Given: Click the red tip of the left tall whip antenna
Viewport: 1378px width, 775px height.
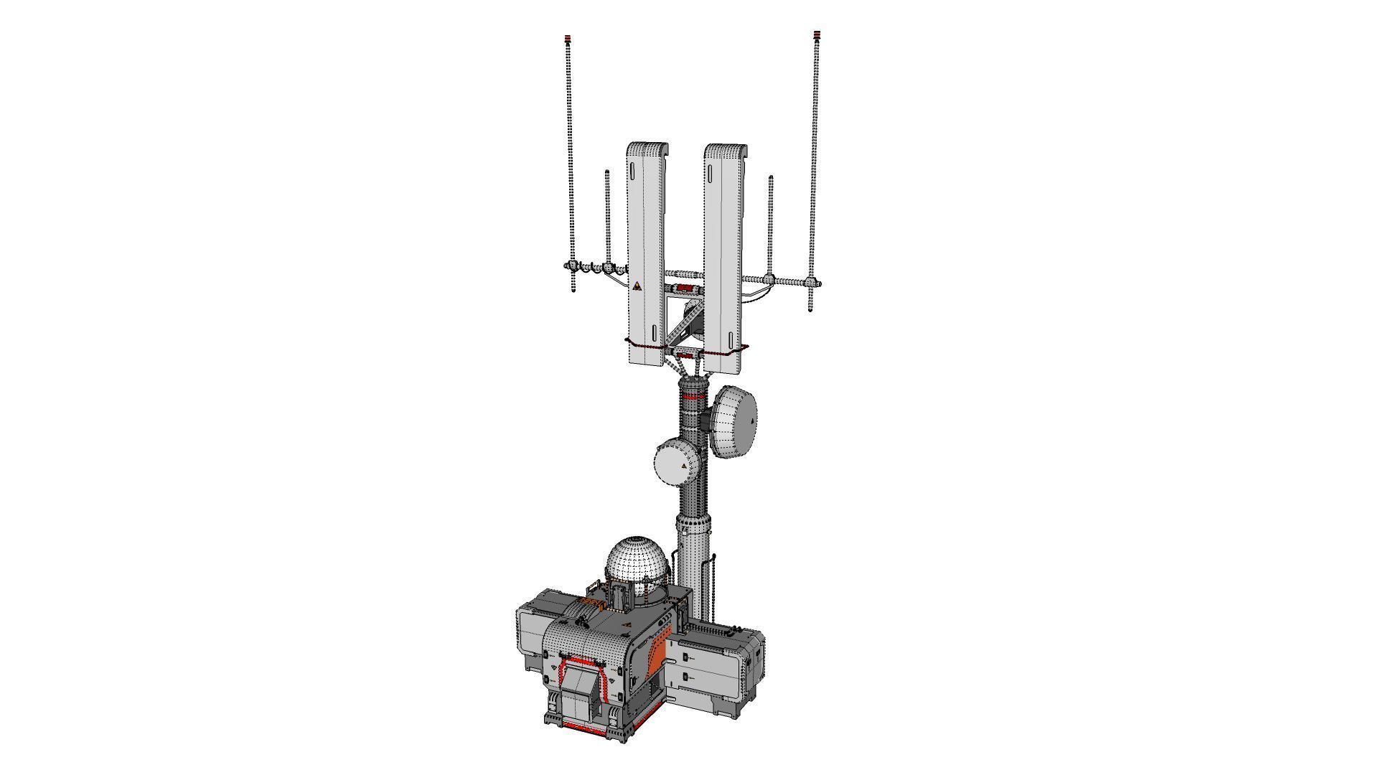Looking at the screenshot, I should point(568,37).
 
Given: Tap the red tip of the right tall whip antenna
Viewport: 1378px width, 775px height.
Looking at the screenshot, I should point(817,34).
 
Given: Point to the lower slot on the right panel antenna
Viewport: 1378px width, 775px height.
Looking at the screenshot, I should point(731,339).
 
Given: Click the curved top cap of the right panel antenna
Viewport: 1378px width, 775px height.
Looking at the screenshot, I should point(726,151).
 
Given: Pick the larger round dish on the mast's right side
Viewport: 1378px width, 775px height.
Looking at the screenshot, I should point(735,421).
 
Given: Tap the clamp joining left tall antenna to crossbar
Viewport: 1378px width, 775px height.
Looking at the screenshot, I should point(573,267).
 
